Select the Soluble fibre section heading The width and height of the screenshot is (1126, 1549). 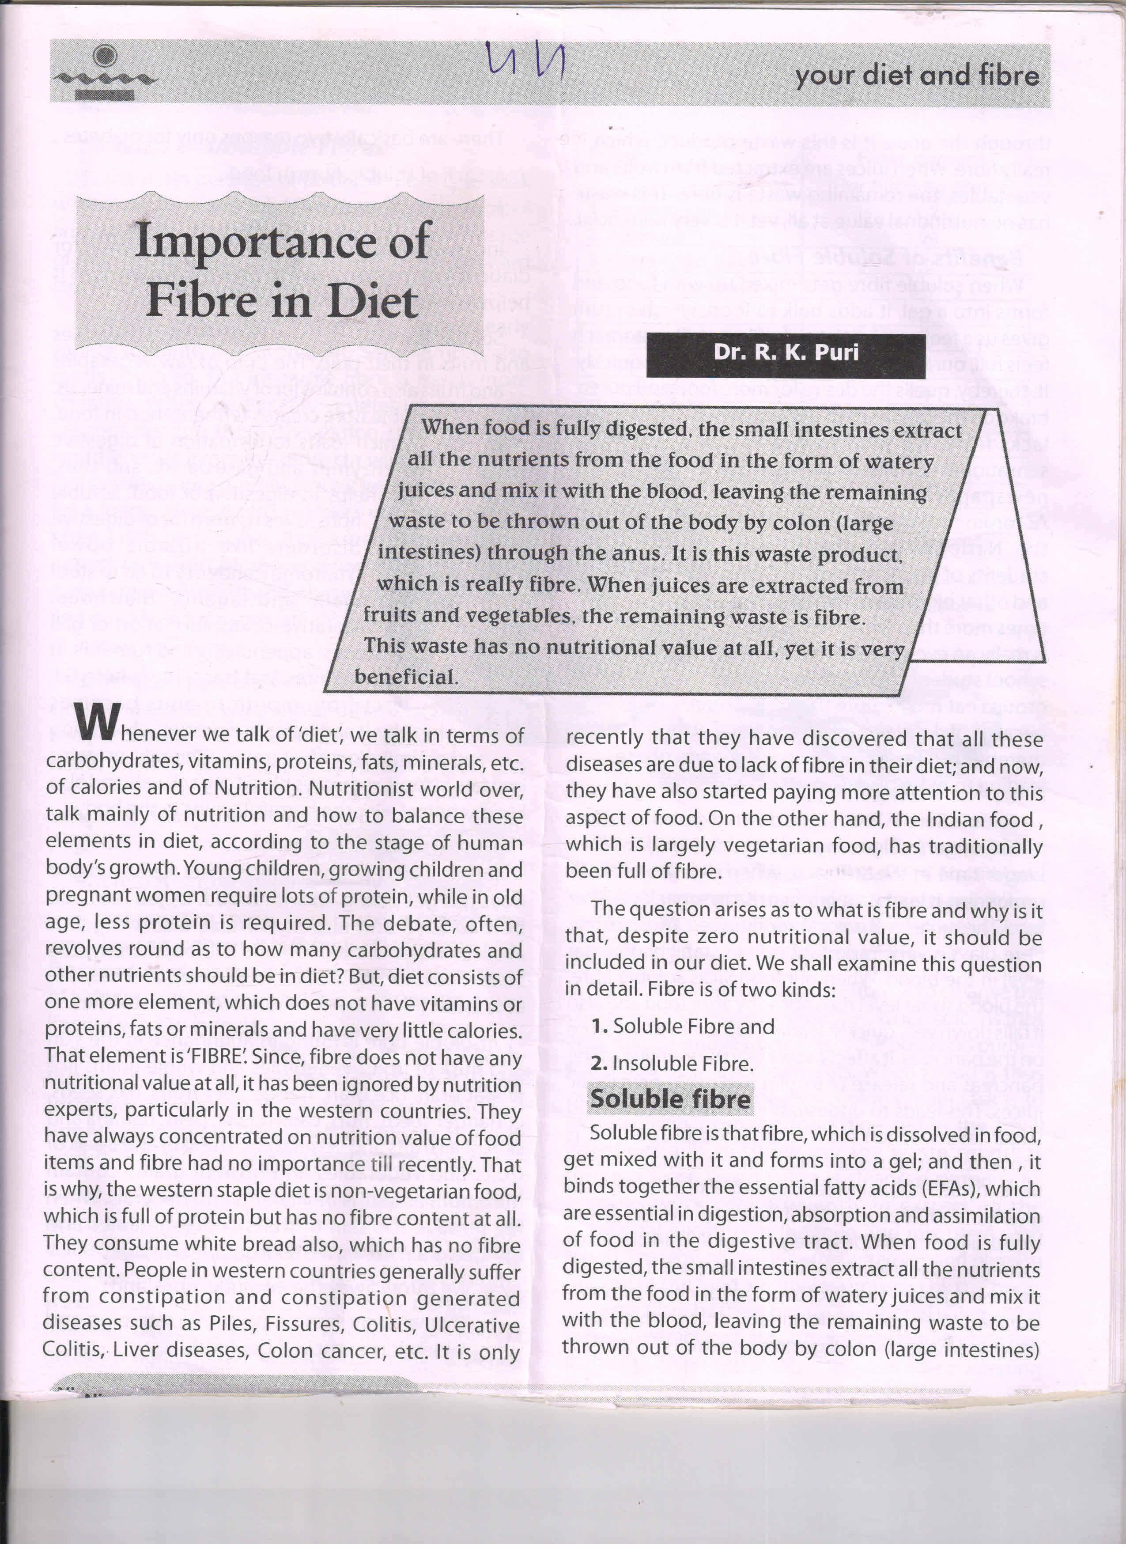point(670,1099)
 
